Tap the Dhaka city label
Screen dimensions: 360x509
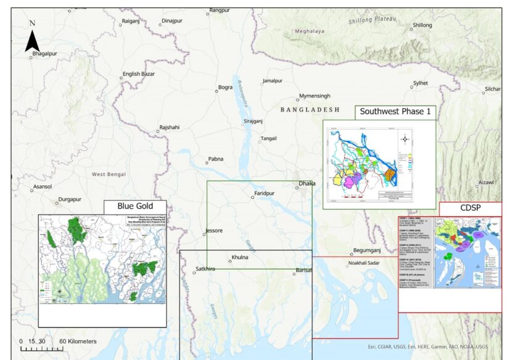pyautogui.click(x=307, y=183)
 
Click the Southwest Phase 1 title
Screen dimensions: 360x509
pyautogui.click(x=395, y=112)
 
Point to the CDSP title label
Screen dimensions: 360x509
pyautogui.click(x=470, y=209)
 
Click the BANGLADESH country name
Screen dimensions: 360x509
pyautogui.click(x=310, y=109)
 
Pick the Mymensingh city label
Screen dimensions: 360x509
pyautogui.click(x=314, y=96)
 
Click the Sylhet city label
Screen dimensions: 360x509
pyautogui.click(x=420, y=83)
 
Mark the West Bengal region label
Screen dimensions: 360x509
pyautogui.click(x=109, y=174)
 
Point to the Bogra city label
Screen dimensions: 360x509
pyautogui.click(x=225, y=88)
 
